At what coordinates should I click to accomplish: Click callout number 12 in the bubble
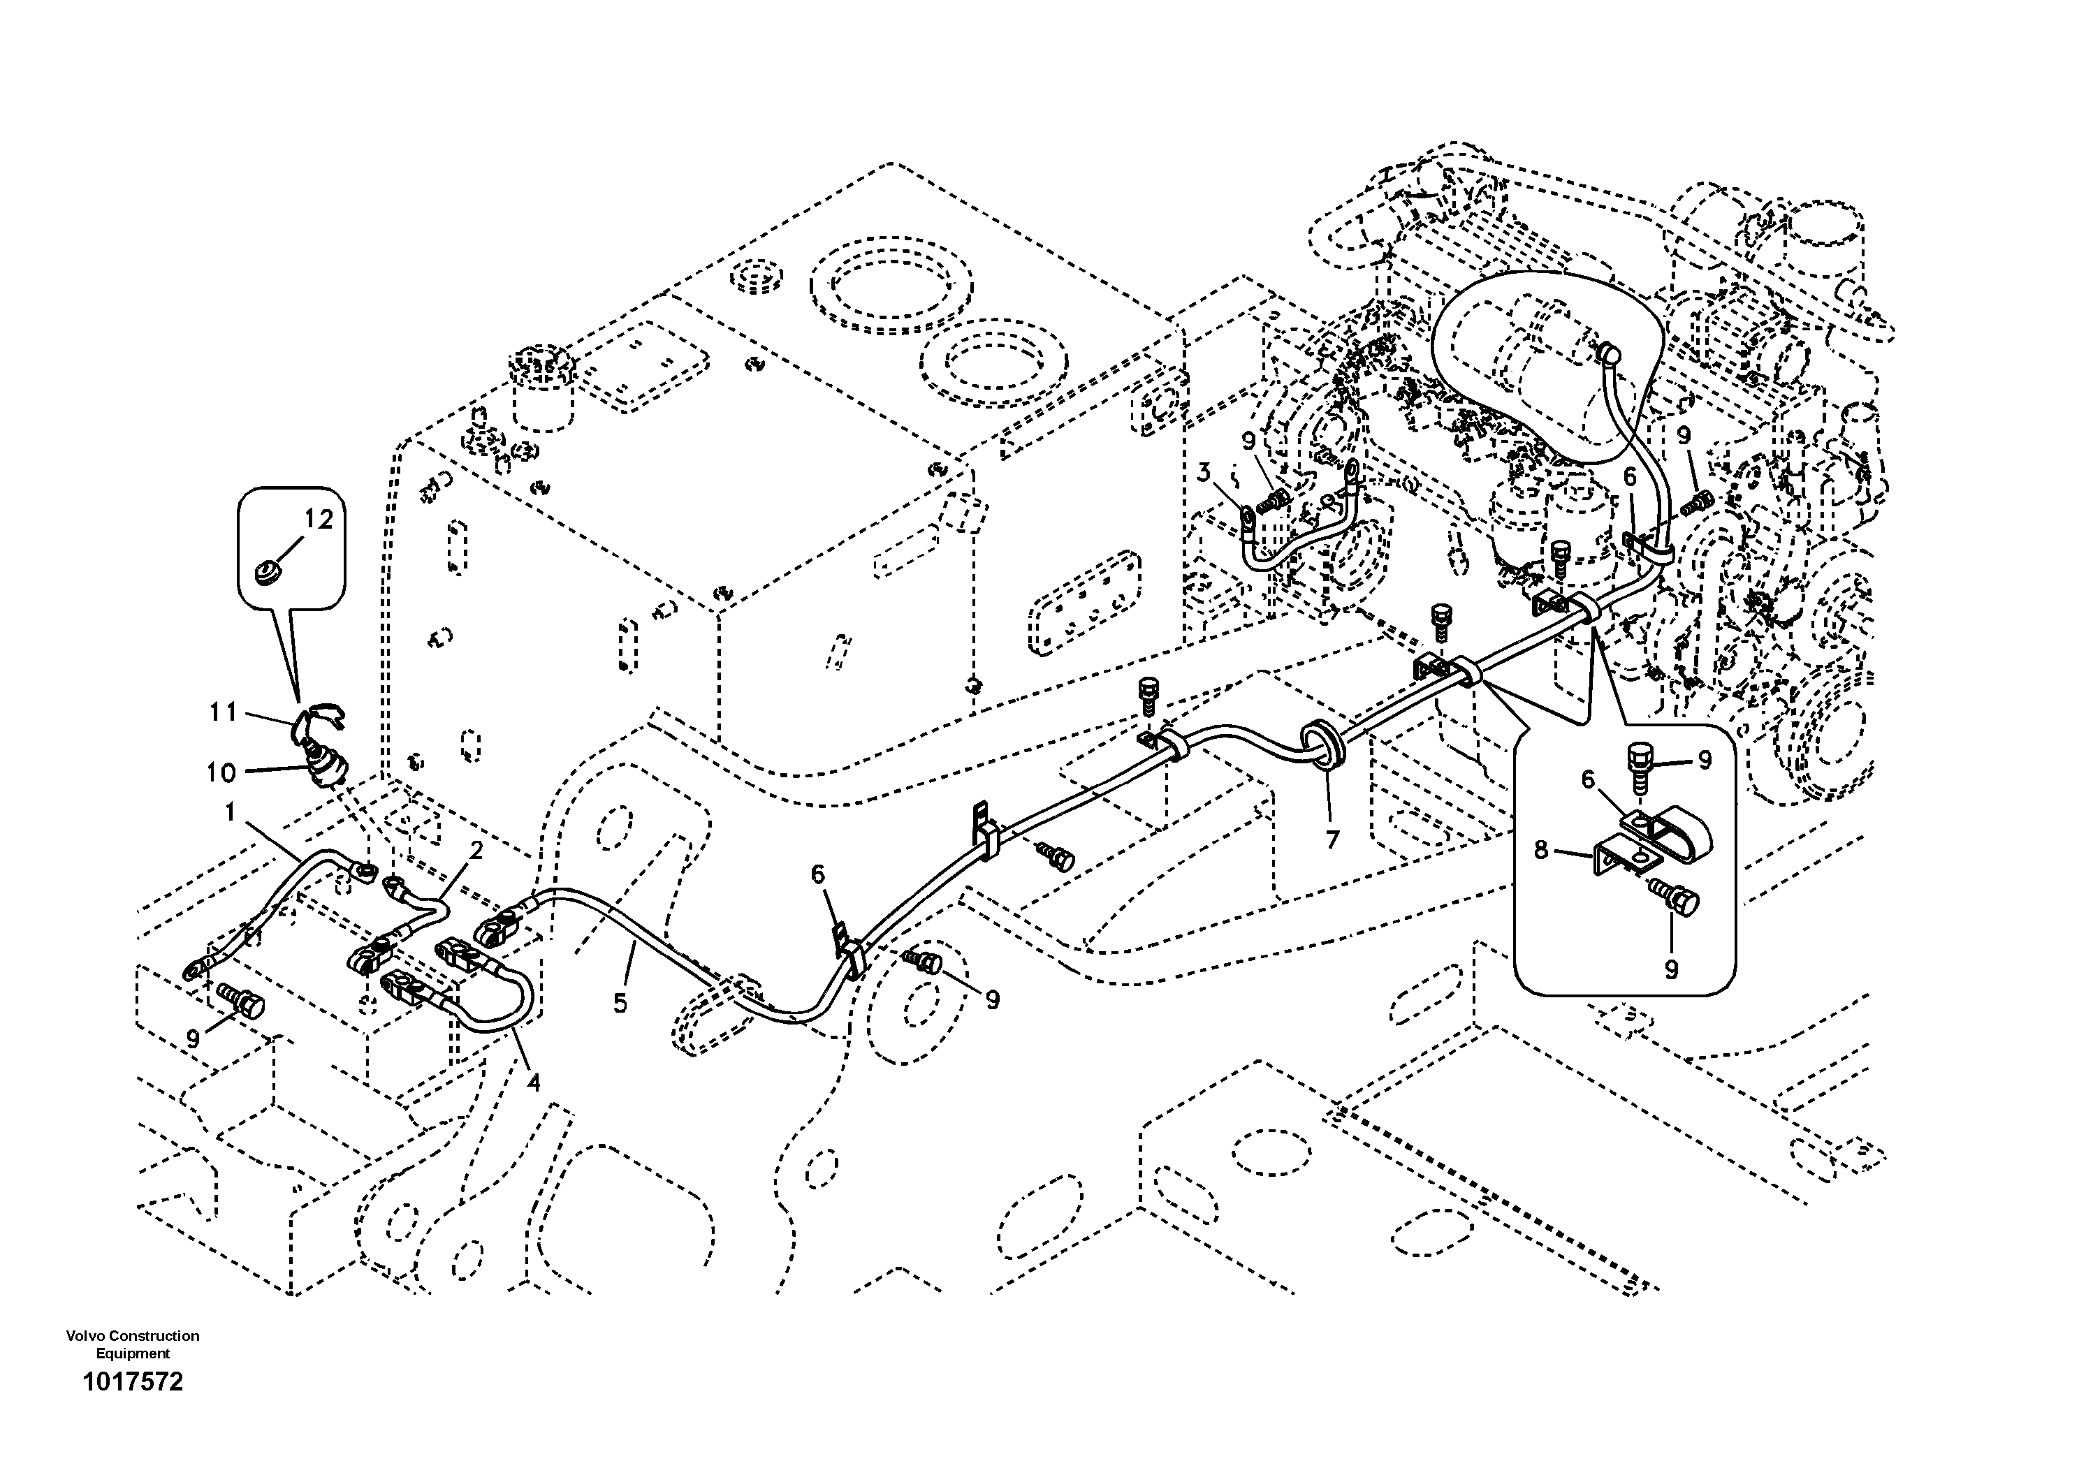click(319, 519)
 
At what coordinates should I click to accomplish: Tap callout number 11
click(223, 712)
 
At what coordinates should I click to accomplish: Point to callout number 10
click(221, 772)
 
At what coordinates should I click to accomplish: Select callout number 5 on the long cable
click(620, 1003)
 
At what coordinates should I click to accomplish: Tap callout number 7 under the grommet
click(1332, 840)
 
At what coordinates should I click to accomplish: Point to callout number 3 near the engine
click(1204, 471)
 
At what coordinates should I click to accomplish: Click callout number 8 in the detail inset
click(1541, 849)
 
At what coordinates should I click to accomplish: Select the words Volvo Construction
click(132, 1336)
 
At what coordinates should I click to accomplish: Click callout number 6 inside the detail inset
click(1587, 779)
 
